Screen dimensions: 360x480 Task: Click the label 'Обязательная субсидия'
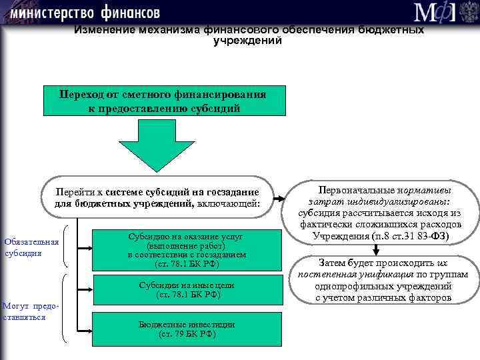pyautogui.click(x=31, y=247)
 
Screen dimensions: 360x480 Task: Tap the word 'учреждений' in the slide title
pyautogui.click(x=247, y=41)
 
